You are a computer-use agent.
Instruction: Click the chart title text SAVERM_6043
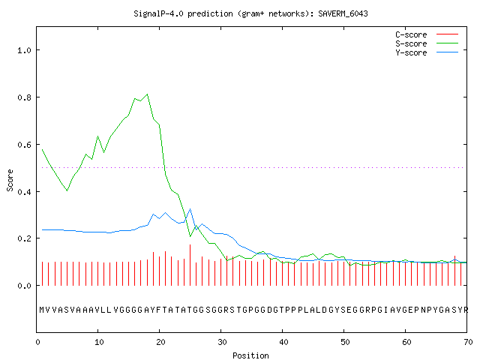(x=343, y=13)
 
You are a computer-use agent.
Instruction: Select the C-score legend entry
(x=427, y=34)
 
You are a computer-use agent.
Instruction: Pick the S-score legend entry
(x=427, y=43)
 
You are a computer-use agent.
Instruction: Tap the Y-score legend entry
(x=427, y=52)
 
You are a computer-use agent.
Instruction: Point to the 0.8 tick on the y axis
(x=25, y=97)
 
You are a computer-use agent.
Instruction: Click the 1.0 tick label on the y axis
(x=25, y=50)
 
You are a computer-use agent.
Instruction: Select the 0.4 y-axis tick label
(x=25, y=192)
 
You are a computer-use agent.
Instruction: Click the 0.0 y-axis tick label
(x=25, y=286)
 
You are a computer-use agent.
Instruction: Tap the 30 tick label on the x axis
(x=222, y=342)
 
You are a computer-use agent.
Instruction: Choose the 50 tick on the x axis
(x=345, y=342)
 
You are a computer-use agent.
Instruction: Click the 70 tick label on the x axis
(x=468, y=342)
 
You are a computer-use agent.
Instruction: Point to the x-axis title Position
(x=250, y=355)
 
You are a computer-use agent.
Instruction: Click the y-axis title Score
(x=10, y=180)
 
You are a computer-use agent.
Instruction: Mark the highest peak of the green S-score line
(x=147, y=94)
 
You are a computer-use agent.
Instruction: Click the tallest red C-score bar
(x=190, y=265)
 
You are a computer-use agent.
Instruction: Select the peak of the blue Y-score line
(x=190, y=209)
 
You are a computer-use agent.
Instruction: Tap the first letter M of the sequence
(x=42, y=310)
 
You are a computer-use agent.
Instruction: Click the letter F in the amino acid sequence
(x=158, y=310)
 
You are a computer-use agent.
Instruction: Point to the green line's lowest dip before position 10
(x=67, y=190)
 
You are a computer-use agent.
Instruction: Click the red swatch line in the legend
(x=447, y=34)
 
